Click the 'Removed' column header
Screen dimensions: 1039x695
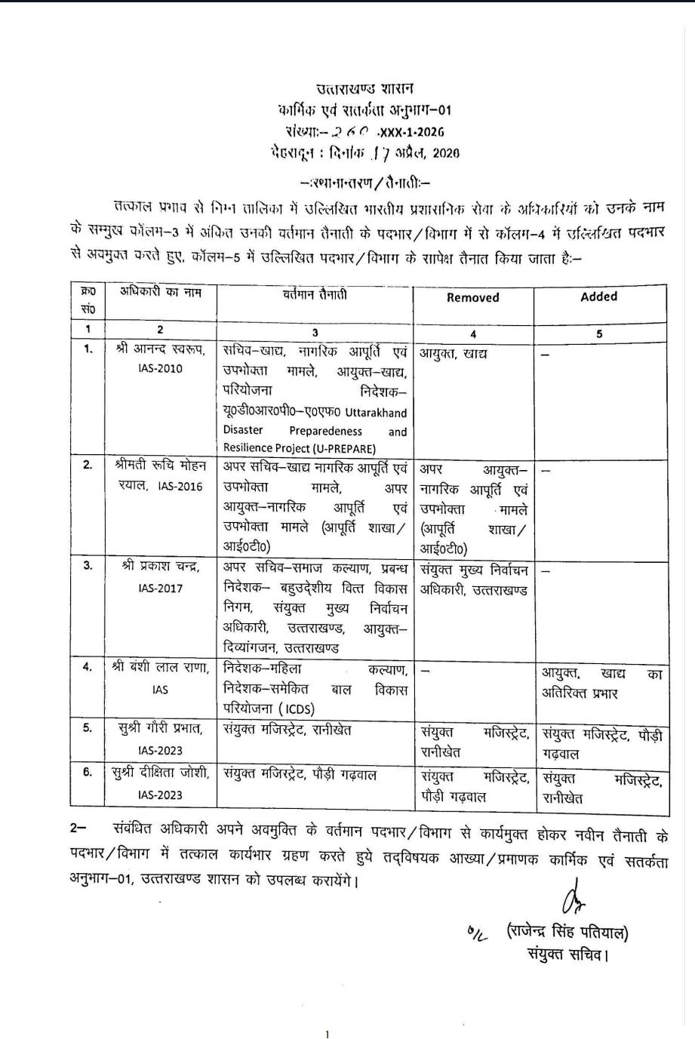tap(472, 297)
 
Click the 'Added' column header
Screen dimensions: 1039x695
tap(598, 297)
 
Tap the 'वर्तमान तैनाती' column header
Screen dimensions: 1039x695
tap(315, 294)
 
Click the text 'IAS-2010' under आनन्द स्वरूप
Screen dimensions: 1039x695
tap(160, 369)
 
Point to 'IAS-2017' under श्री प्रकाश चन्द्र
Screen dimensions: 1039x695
tap(160, 588)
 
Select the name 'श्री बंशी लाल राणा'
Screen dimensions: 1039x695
tap(160, 668)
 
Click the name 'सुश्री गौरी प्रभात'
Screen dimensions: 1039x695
tap(160, 728)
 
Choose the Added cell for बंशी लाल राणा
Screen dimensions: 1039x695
tap(601, 681)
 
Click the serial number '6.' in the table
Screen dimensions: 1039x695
tap(88, 772)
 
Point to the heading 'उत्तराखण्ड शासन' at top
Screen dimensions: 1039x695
tap(364, 90)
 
